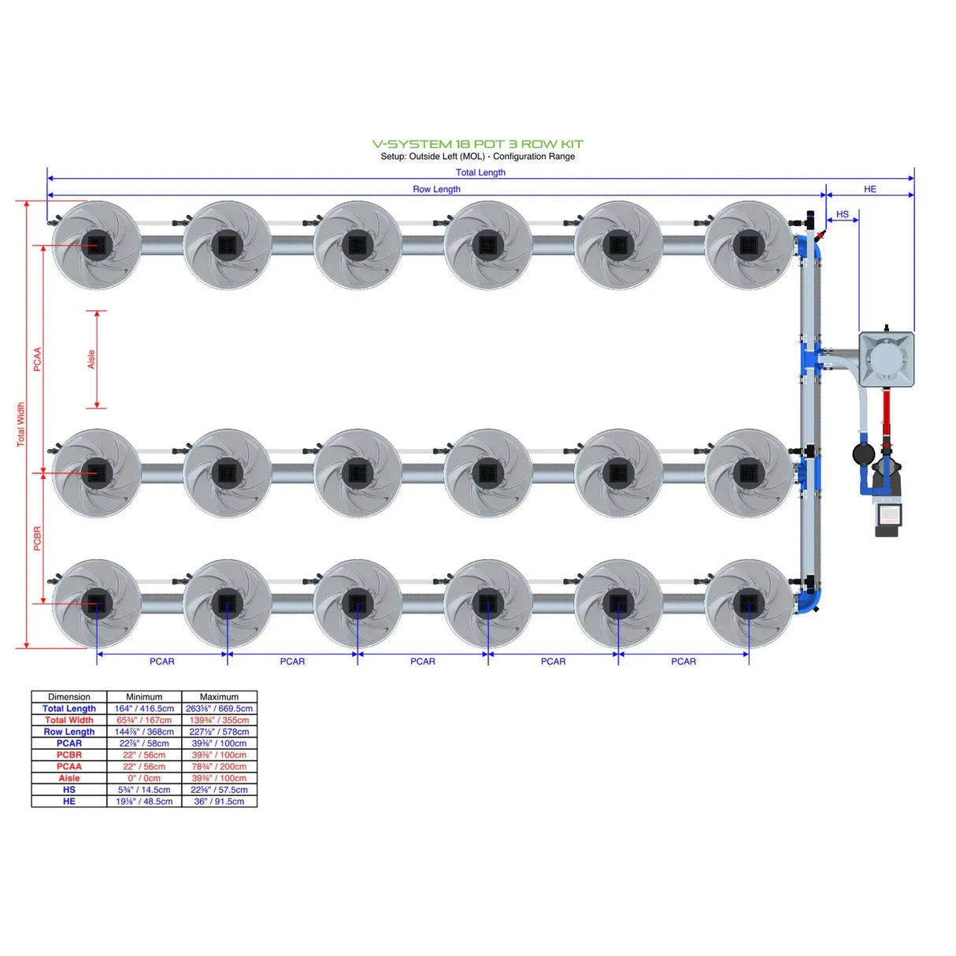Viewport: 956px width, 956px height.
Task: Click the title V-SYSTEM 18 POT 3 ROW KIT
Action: [477, 144]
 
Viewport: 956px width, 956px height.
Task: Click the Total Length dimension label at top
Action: [480, 172]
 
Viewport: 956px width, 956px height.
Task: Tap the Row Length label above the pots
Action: [436, 189]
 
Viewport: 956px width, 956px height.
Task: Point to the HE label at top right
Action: [869, 189]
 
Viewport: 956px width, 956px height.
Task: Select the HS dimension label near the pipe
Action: [842, 214]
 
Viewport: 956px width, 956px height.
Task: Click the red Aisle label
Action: [91, 359]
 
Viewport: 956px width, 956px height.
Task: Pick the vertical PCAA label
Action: [37, 359]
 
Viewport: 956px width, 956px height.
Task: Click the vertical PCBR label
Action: [37, 539]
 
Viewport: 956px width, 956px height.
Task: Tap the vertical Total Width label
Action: [20, 424]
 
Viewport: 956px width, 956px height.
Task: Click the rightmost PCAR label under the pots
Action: [683, 661]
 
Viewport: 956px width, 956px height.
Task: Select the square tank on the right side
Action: [886, 359]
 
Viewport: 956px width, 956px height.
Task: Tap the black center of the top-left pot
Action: [96, 245]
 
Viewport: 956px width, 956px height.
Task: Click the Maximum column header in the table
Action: [219, 697]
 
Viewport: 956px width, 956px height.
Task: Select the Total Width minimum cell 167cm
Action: [144, 720]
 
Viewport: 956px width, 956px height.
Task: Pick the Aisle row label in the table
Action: [69, 778]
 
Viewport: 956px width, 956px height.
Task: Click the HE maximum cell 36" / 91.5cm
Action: [219, 801]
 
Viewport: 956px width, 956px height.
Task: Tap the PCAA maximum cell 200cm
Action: [219, 766]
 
